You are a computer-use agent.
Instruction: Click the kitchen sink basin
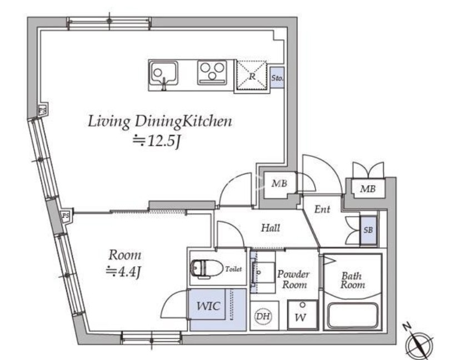(164, 73)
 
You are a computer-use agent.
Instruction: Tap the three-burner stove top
(212, 72)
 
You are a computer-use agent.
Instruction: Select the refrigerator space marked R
(252, 75)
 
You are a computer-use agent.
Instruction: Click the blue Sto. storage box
(277, 78)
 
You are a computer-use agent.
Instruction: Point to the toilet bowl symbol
(207, 268)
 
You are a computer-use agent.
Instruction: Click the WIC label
(208, 306)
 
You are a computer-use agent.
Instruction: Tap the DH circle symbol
(263, 316)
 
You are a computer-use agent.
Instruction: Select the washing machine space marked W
(302, 315)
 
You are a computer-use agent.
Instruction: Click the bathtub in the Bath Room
(352, 316)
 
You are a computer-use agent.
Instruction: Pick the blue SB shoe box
(368, 230)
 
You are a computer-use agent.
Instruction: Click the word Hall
(271, 228)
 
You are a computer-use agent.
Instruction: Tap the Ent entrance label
(322, 209)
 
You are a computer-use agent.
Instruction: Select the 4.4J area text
(123, 272)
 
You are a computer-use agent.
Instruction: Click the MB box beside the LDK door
(279, 183)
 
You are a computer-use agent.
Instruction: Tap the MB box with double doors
(368, 189)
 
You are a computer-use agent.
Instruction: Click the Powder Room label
(293, 279)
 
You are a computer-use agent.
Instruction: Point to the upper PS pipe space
(43, 111)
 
